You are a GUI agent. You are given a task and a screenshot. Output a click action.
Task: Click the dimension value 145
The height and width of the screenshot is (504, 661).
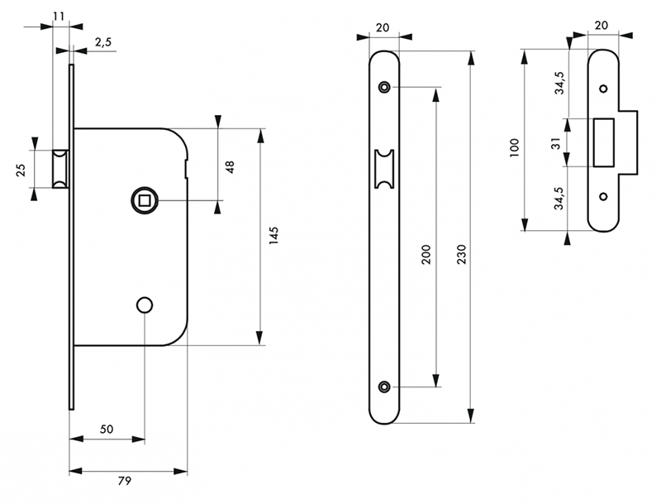point(273,235)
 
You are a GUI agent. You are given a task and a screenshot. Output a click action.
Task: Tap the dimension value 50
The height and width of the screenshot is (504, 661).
point(107,429)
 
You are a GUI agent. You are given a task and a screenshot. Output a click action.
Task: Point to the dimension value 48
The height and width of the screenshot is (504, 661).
point(231,166)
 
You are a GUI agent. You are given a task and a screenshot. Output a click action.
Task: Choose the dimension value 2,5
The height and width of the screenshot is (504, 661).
point(102,42)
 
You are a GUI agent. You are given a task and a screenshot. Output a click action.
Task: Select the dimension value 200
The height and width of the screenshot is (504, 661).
point(426,254)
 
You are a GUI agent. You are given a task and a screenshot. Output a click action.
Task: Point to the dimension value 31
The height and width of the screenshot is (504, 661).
point(558,142)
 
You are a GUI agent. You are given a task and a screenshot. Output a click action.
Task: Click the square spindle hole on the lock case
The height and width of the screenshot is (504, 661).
point(144,199)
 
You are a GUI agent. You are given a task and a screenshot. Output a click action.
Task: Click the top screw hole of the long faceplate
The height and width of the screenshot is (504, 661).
point(384,87)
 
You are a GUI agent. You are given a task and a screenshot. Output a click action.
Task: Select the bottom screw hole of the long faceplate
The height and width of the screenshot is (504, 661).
point(384,386)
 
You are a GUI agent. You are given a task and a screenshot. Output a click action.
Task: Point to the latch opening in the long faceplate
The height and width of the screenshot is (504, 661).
point(384,167)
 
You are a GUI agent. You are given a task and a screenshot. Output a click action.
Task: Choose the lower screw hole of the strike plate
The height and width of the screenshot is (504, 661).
point(603,196)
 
